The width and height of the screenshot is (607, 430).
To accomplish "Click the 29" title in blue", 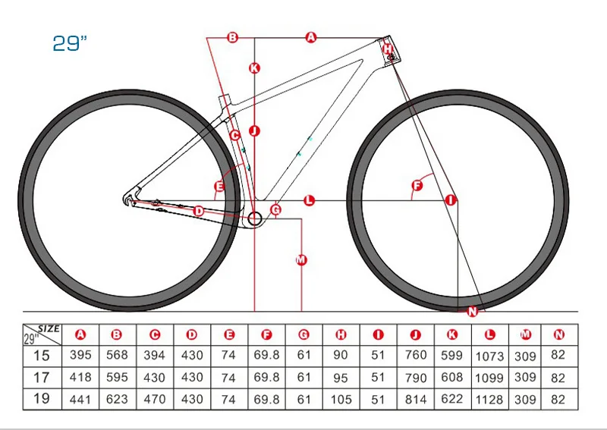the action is pos(70,44).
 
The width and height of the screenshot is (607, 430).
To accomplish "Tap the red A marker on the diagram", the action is pos(310,36).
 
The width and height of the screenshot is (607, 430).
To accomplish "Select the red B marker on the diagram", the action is pos(232,36).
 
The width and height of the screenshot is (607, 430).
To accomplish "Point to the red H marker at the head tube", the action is pos(388,49).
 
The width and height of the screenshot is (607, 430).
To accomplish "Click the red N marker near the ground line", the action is pos(473,312).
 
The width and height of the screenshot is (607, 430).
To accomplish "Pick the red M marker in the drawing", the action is pos(300,260).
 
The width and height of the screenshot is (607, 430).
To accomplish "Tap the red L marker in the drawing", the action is pos(309,200).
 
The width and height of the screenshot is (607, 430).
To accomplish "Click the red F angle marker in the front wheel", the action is pos(416,186).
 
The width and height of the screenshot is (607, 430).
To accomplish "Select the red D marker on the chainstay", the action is pos(198,211).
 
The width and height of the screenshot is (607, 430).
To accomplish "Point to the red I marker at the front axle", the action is pos(451,200).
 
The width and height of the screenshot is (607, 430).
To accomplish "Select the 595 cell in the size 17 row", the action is pos(117,377).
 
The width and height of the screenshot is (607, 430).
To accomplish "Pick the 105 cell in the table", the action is pos(341,399).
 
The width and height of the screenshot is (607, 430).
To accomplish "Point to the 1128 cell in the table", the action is pos(489,399).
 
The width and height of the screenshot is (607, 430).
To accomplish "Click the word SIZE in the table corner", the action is pos(49,328).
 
